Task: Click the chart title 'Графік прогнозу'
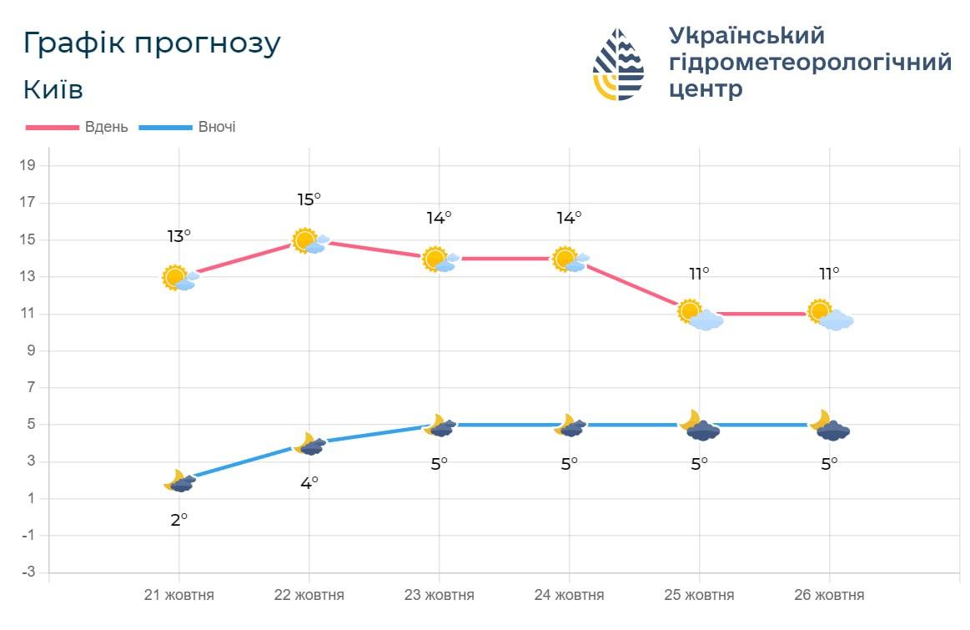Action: (152, 44)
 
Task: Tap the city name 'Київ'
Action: (53, 90)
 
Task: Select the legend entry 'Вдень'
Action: (106, 128)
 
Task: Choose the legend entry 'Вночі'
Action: (216, 128)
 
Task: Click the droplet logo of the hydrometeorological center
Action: (618, 65)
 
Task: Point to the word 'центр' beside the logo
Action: (706, 88)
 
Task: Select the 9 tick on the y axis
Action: (30, 350)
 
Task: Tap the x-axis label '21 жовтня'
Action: (179, 596)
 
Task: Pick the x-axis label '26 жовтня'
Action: (829, 596)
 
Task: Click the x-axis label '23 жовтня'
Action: (440, 596)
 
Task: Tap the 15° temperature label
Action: (309, 199)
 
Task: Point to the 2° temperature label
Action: (178, 519)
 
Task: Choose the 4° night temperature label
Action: (309, 482)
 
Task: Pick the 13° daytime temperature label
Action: (178, 236)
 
